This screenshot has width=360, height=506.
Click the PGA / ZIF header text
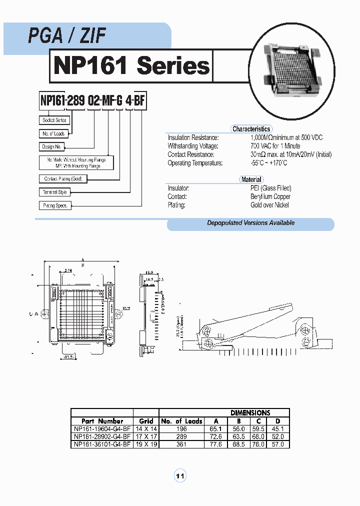tap(66, 36)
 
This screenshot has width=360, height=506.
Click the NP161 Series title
tap(131, 66)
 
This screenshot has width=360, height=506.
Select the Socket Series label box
tap(54, 120)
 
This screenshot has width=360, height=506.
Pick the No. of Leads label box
tap(53, 133)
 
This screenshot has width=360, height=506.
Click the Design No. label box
tap(51, 147)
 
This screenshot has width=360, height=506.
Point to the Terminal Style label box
tap(54, 192)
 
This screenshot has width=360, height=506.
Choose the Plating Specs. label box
tap(55, 205)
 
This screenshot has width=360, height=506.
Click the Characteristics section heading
tap(251, 129)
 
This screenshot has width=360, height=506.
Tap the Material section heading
tap(251, 179)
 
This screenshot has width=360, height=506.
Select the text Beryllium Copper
tap(270, 196)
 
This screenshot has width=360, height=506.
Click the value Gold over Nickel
tap(269, 205)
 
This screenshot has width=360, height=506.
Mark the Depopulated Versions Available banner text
tap(250, 223)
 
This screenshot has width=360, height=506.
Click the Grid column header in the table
tap(146, 421)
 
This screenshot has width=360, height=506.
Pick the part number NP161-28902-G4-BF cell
tap(102, 436)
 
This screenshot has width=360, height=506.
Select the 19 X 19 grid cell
tap(146, 444)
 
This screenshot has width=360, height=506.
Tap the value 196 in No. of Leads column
tap(181, 429)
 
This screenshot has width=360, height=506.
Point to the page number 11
tap(180, 476)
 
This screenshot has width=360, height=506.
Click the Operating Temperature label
tap(195, 163)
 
